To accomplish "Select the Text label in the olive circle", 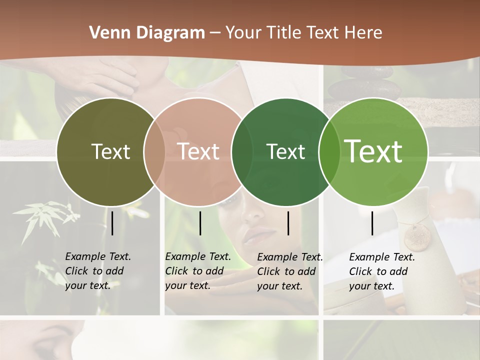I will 110,151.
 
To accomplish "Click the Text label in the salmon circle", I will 198,151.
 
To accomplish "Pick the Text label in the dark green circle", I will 285,151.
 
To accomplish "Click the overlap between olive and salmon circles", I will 154,151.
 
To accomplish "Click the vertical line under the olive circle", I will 112,223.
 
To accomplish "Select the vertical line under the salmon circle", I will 200,223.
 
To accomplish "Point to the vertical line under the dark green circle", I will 288,223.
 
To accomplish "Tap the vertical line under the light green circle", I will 372,223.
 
